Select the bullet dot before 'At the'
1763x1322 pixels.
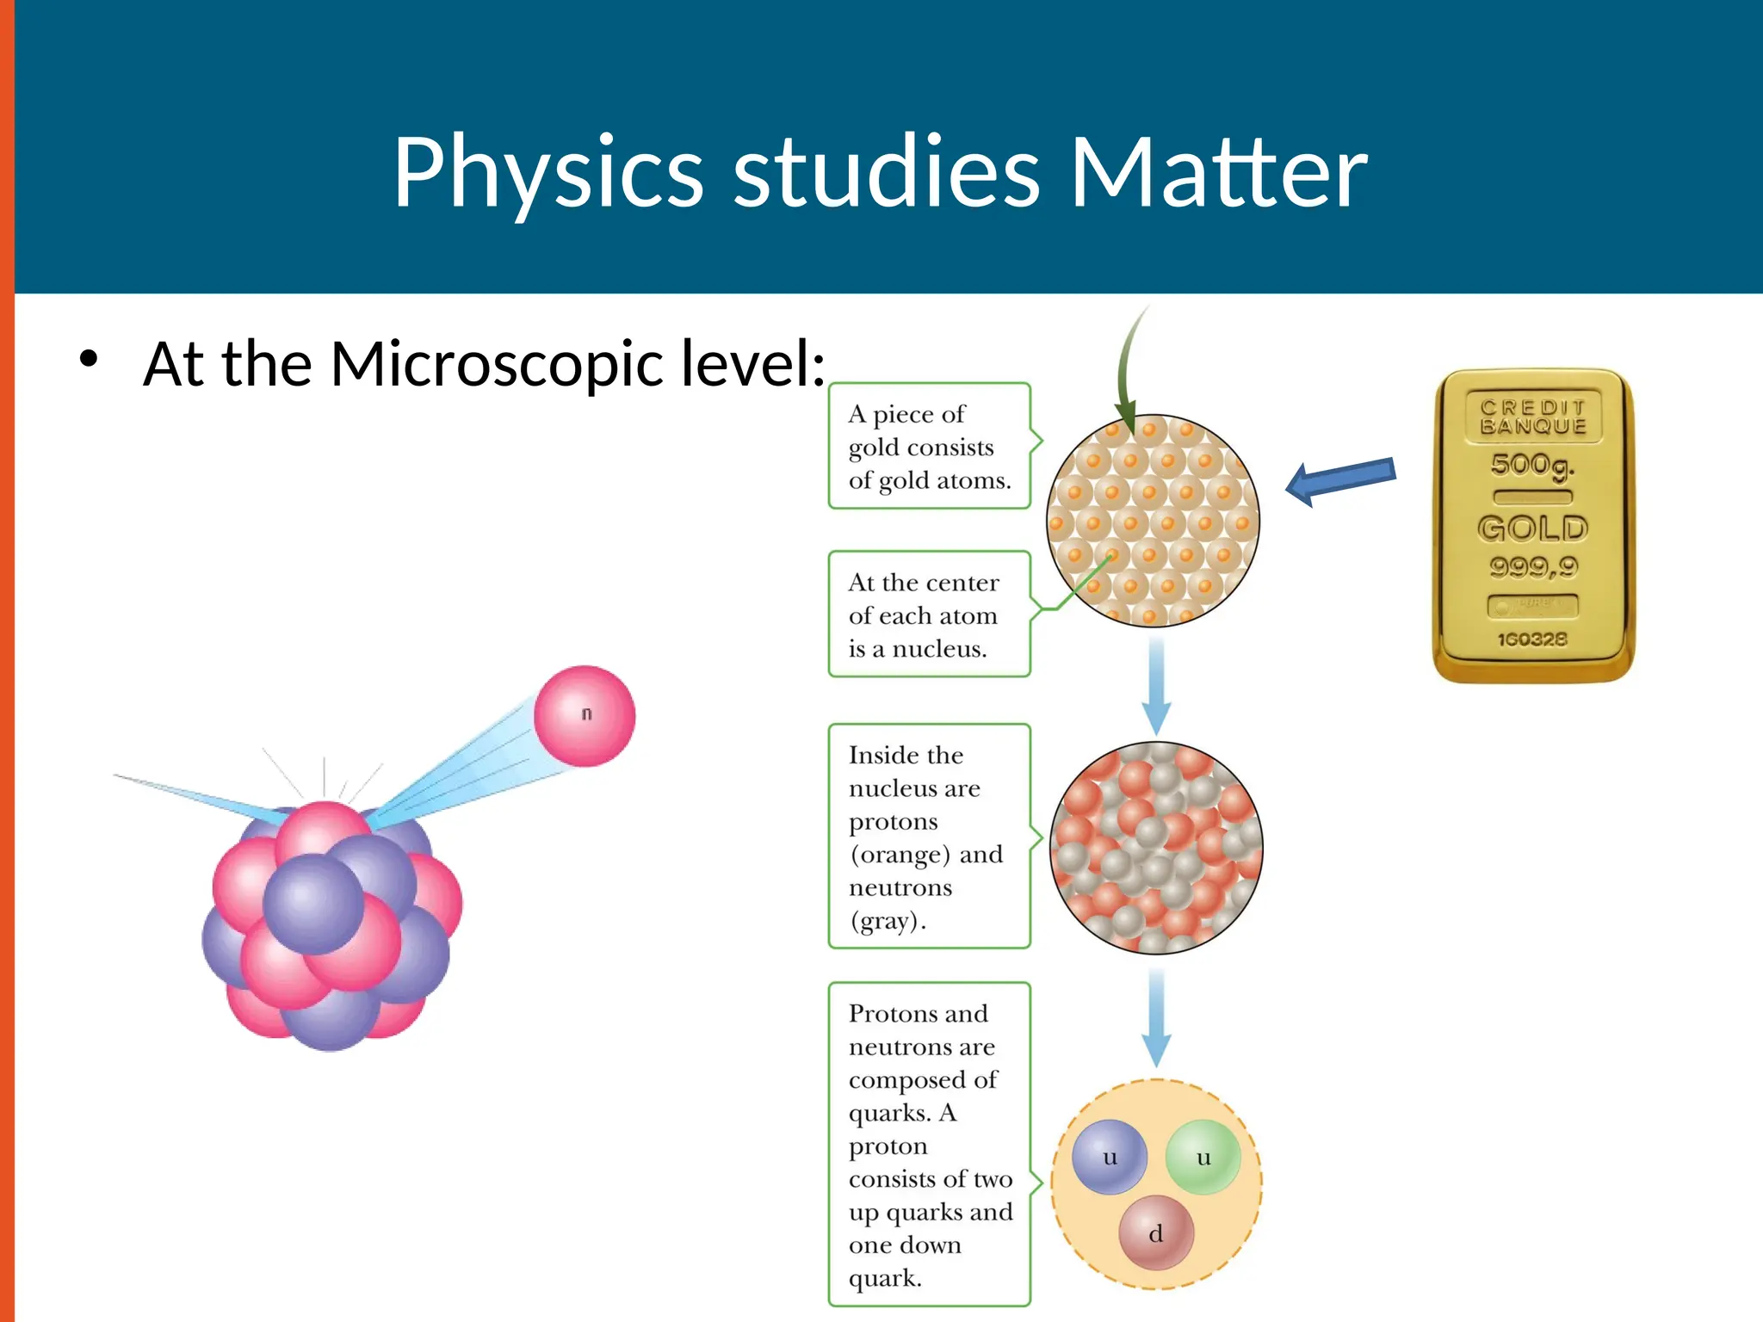pos(89,359)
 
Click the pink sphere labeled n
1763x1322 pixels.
pos(585,715)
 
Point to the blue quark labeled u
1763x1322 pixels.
pos(1110,1157)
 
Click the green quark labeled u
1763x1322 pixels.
pos(1203,1157)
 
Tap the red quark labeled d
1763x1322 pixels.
pos(1156,1232)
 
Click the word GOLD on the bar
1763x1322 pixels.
pos(1532,528)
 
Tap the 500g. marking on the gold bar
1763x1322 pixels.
pos(1532,465)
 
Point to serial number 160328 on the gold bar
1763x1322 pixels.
pos(1532,639)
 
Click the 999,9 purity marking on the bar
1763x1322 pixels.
pos(1533,566)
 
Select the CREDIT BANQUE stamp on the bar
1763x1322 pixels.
pos(1533,416)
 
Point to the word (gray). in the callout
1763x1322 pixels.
pos(888,921)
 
